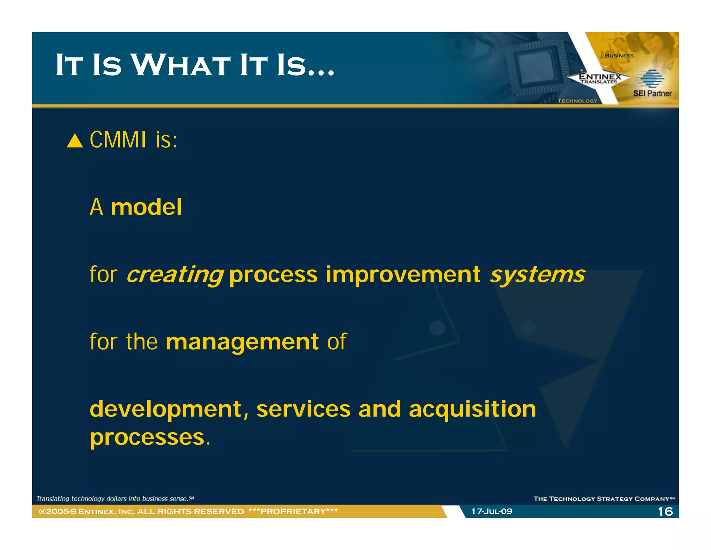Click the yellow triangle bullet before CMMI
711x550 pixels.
(x=75, y=141)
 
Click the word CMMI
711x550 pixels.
(x=118, y=140)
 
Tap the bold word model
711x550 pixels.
(x=146, y=207)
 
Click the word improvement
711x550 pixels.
(x=403, y=275)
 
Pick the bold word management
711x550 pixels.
(x=242, y=342)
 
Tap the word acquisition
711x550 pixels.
(x=472, y=409)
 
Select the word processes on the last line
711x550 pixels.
(x=147, y=437)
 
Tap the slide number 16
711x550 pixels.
(x=665, y=511)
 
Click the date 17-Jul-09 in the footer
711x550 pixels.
(x=492, y=511)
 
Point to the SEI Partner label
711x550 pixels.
(x=652, y=93)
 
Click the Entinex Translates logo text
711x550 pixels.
(x=600, y=78)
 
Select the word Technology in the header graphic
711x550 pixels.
(x=577, y=101)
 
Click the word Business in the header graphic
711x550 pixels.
(x=619, y=56)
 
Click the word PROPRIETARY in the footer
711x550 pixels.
(x=293, y=511)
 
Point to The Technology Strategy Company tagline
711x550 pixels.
(x=604, y=499)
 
